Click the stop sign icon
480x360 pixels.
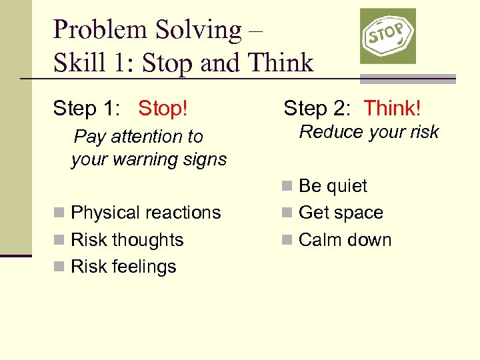pos(388,36)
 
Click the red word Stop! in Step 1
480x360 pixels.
pos(163,109)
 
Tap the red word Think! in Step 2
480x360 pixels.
pos(392,107)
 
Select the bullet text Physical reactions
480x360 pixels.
pos(145,213)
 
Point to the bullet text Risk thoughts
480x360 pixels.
pos(127,240)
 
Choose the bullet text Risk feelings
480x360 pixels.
pos(123,267)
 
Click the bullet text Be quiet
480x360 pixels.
pos(333,186)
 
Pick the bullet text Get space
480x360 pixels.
pos(341,213)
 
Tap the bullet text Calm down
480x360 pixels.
pos(345,240)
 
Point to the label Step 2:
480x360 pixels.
pos(317,107)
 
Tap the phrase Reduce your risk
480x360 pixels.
pos(369,132)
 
